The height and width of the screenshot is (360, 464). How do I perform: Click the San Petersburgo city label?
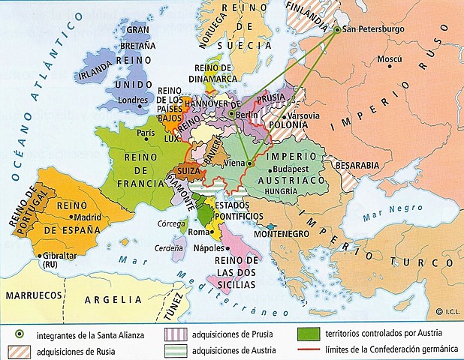click(x=374, y=31)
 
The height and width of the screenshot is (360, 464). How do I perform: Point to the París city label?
click(x=146, y=133)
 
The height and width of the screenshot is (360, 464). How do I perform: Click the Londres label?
click(x=134, y=99)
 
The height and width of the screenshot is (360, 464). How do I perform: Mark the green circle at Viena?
click(x=250, y=163)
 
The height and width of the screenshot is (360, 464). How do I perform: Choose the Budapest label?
click(x=300, y=170)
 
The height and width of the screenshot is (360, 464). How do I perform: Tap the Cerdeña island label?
click(x=170, y=248)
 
